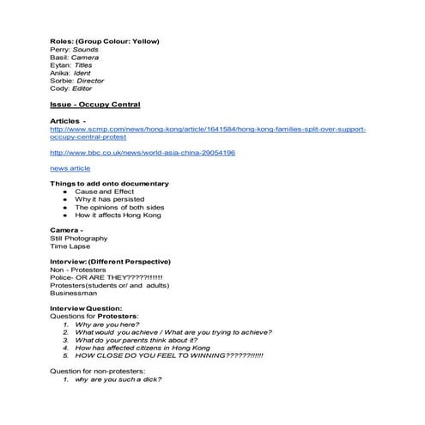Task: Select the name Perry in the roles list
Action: tap(60, 50)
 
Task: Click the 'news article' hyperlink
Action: tap(70, 168)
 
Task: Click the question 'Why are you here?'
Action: tap(108, 325)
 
